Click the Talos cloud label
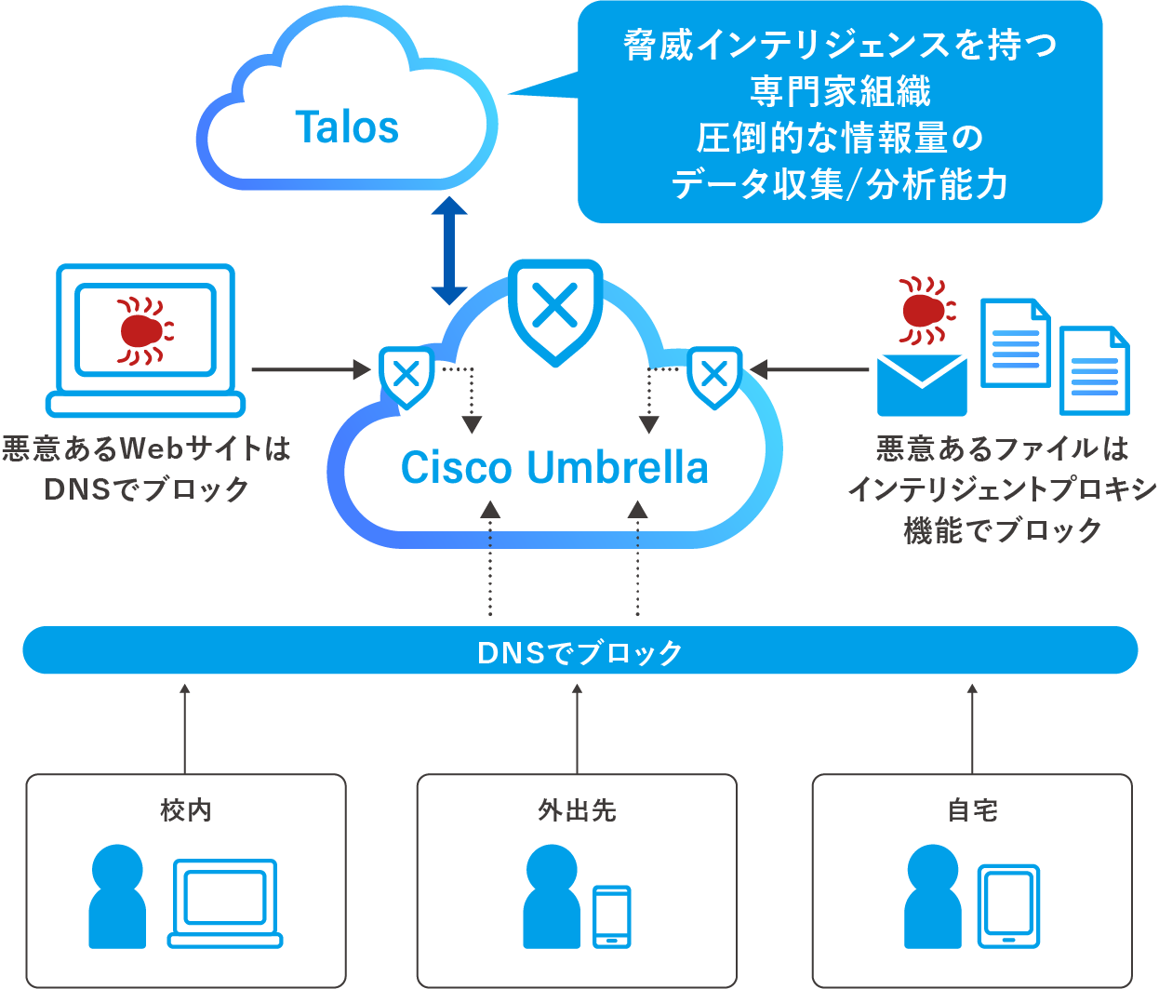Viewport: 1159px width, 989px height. coord(347,127)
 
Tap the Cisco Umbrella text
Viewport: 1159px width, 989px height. coord(554,467)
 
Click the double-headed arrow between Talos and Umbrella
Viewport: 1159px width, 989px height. coord(449,250)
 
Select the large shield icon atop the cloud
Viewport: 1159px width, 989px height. coord(555,309)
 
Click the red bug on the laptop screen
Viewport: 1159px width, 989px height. coord(143,330)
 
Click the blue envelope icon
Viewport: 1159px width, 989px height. coord(922,384)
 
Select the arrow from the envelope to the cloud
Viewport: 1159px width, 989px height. coord(809,370)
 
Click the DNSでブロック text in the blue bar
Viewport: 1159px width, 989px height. coord(579,652)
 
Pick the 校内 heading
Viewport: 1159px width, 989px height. coord(186,810)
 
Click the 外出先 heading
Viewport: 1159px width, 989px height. coord(577,810)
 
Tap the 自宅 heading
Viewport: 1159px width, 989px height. coord(972,810)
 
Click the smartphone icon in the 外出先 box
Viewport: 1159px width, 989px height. coord(612,915)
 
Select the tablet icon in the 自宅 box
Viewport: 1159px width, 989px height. coord(1008,905)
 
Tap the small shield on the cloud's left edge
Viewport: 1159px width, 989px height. coord(406,376)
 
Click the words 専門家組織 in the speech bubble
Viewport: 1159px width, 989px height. coord(840,91)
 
